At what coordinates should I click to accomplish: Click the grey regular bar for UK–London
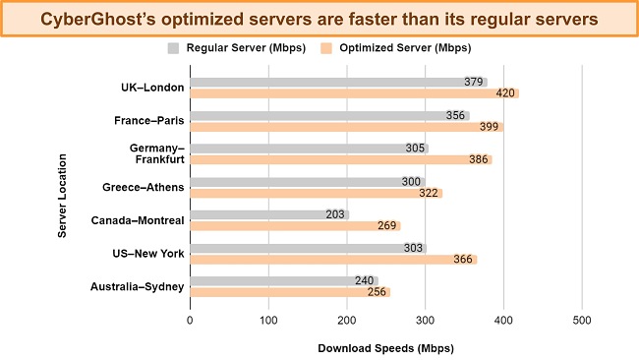[280, 82]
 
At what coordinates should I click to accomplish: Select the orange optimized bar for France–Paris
[295, 127]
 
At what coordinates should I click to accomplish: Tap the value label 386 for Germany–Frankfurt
[478, 159]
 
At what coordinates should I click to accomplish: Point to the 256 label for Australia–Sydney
[377, 292]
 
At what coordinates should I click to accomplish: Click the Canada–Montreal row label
[137, 220]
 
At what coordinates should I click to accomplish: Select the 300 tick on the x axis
[425, 321]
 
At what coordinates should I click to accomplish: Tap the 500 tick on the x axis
[582, 321]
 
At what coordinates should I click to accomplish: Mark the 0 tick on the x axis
[190, 321]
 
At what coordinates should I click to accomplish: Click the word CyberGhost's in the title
[99, 17]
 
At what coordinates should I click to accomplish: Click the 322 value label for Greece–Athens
[429, 193]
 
